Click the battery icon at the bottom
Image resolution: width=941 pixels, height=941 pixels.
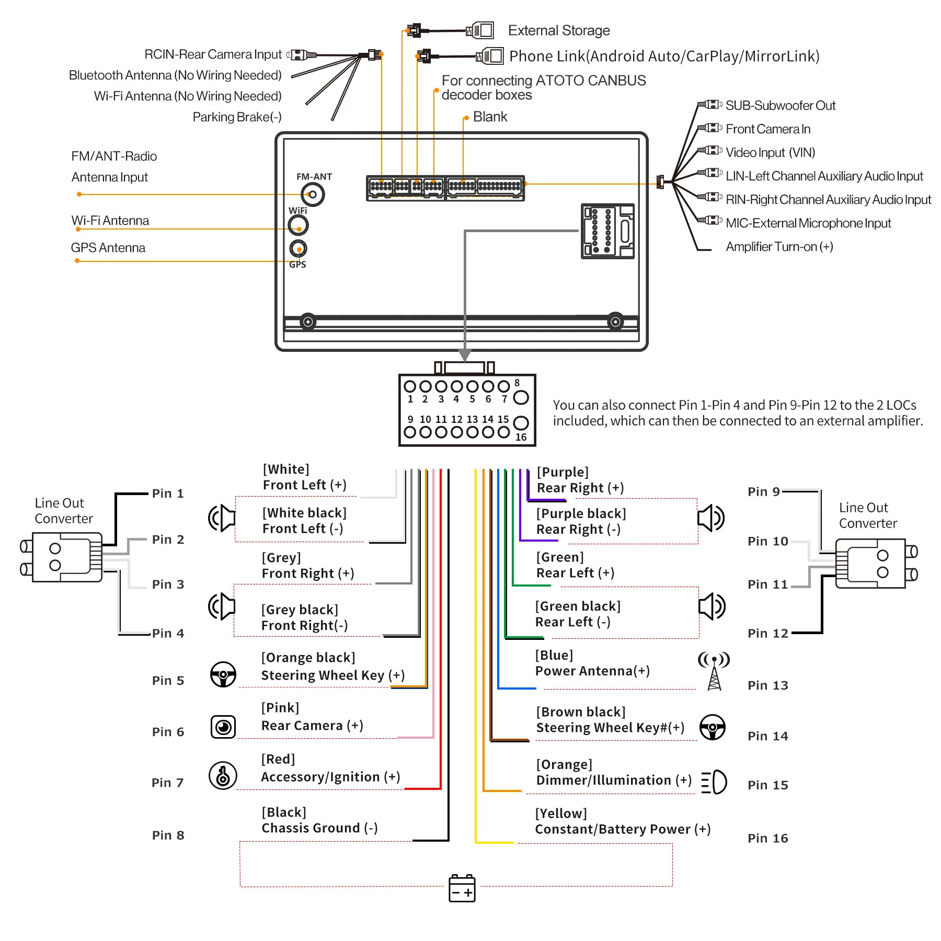(x=462, y=888)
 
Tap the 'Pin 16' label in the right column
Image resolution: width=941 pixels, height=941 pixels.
(x=767, y=839)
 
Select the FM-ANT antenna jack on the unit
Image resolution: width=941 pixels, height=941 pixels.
(x=313, y=195)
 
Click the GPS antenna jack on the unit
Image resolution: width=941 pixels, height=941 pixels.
(x=298, y=249)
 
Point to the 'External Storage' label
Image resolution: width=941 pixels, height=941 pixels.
(x=559, y=31)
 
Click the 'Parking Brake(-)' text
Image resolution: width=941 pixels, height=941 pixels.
(x=237, y=117)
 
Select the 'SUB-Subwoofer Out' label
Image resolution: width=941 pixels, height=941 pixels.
(x=780, y=106)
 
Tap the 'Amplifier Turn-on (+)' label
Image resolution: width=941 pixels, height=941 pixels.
(x=779, y=247)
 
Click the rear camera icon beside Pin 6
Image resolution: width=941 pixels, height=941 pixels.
(x=223, y=727)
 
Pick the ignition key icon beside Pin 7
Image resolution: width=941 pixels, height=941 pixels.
(x=223, y=776)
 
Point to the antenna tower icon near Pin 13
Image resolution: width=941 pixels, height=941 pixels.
(x=714, y=671)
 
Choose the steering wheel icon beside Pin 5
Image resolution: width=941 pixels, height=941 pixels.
(x=223, y=675)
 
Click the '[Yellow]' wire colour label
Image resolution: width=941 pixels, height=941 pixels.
(x=561, y=814)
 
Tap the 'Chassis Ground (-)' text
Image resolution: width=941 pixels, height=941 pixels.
(x=319, y=829)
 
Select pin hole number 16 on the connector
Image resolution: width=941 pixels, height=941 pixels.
(x=521, y=423)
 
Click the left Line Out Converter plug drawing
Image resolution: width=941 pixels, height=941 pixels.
(x=62, y=557)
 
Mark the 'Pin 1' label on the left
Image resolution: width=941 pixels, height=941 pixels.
(x=168, y=494)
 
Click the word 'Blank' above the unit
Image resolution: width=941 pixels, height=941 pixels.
(x=490, y=117)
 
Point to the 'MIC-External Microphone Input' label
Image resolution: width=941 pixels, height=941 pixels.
(x=808, y=223)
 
